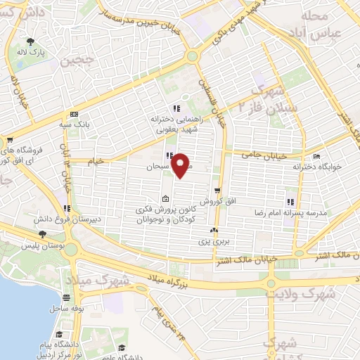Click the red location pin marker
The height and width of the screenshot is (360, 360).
(181, 165)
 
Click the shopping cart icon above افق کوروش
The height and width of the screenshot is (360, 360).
(218, 190)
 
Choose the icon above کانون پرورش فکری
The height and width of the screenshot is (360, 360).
(165, 198)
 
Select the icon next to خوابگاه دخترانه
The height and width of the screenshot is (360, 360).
(316, 156)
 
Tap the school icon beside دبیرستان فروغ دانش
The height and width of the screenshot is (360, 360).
(67, 207)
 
